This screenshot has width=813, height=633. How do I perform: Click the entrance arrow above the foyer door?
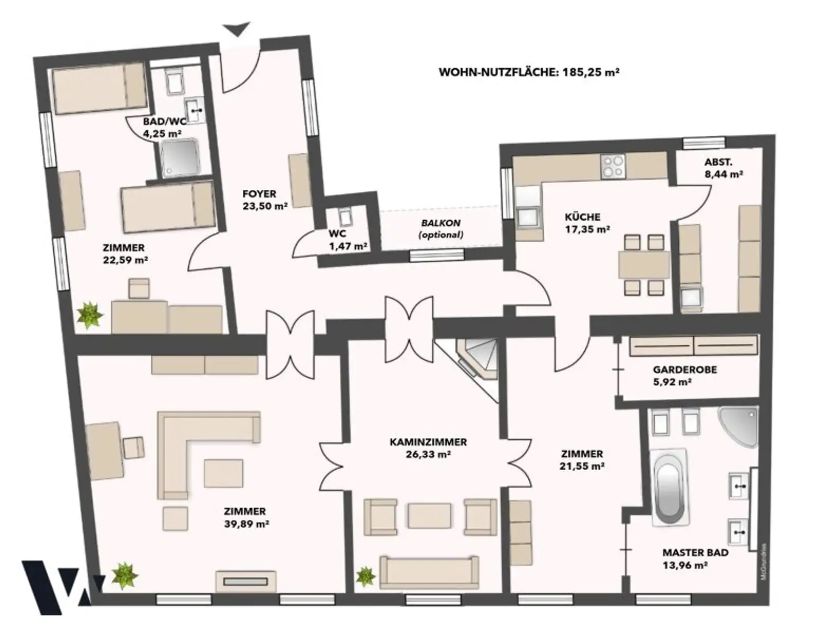click(237, 29)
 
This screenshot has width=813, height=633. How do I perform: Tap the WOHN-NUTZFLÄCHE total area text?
click(529, 72)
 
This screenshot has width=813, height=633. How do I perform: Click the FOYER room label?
click(259, 194)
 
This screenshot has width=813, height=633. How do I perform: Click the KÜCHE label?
click(583, 217)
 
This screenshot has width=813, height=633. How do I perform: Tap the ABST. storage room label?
click(718, 162)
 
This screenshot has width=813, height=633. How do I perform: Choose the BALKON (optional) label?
click(441, 228)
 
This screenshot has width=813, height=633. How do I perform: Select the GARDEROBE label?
click(685, 370)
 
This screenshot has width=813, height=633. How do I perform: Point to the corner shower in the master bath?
click(738, 426)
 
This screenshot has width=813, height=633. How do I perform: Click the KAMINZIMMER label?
click(428, 442)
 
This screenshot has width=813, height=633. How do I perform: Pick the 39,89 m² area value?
click(247, 524)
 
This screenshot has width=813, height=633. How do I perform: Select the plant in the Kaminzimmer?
click(365, 576)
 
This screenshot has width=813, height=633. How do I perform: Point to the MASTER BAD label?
click(695, 553)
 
